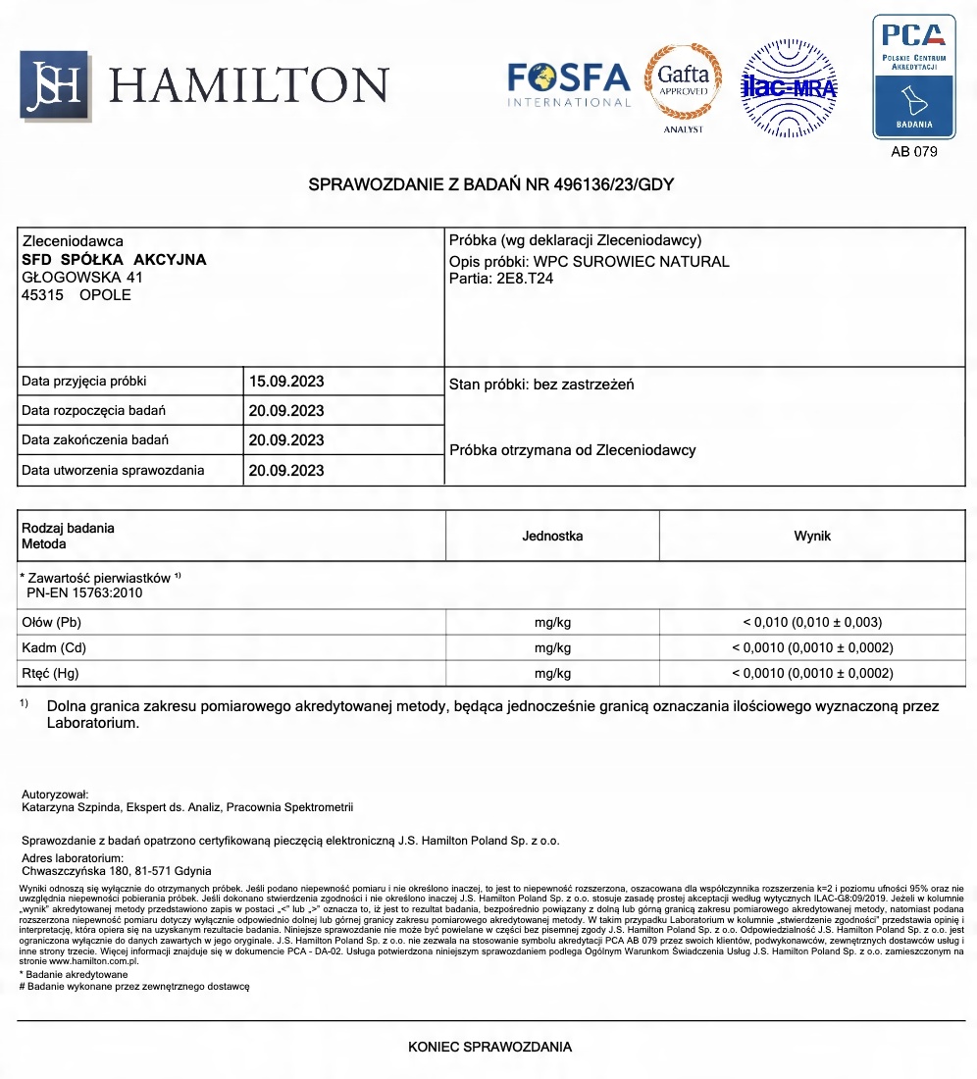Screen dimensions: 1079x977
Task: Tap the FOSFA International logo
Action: pos(568,83)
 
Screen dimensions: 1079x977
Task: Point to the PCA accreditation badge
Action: pos(913,77)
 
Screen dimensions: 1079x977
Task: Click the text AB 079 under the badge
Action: pos(913,152)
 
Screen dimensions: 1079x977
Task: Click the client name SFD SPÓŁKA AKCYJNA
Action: pos(114,260)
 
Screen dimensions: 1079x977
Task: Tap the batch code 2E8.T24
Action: pos(527,278)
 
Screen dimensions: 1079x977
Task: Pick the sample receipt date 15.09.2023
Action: pos(285,382)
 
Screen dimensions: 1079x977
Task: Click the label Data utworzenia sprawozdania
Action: pos(113,470)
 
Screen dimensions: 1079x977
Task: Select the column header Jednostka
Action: pos(552,536)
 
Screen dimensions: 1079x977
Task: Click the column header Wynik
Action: pos(811,536)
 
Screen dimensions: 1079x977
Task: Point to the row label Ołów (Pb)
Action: pos(53,622)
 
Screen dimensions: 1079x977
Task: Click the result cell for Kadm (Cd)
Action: pos(812,647)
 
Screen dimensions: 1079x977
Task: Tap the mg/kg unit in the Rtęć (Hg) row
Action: pos(552,673)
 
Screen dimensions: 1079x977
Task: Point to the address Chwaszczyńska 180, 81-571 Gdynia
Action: pos(116,870)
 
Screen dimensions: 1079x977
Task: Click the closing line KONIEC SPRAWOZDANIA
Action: pos(489,1047)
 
